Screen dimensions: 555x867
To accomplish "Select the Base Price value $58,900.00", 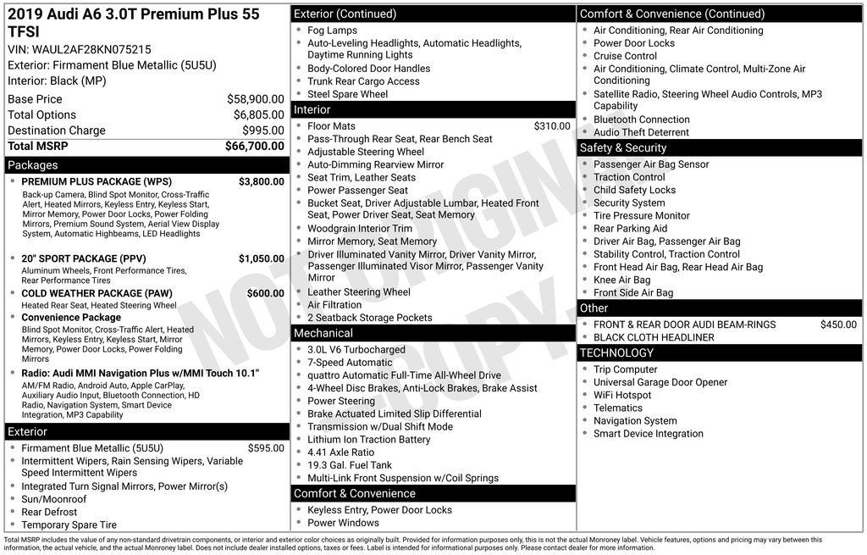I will click(255, 99).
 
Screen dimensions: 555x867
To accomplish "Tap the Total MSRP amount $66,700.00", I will click(254, 147).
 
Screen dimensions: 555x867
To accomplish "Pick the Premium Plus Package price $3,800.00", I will click(261, 181).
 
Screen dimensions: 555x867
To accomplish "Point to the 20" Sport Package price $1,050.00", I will click(261, 258).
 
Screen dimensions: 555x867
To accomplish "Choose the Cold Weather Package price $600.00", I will click(265, 293).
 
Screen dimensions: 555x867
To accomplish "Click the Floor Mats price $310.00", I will click(551, 126).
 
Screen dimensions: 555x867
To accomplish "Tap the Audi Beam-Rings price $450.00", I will click(838, 325).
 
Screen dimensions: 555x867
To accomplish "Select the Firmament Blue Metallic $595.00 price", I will click(266, 448).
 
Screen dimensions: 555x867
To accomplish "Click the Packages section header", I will click(33, 165).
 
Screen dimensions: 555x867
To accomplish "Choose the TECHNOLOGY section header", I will click(616, 352).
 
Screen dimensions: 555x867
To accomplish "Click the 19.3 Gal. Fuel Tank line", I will click(350, 465).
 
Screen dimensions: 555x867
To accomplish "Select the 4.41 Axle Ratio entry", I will click(340, 452).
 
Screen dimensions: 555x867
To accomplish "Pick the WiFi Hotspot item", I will click(622, 395).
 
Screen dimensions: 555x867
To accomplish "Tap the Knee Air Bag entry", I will click(621, 280).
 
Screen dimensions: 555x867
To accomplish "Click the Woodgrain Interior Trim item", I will click(360, 229).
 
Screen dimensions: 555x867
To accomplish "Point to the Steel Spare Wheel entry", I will click(347, 94).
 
